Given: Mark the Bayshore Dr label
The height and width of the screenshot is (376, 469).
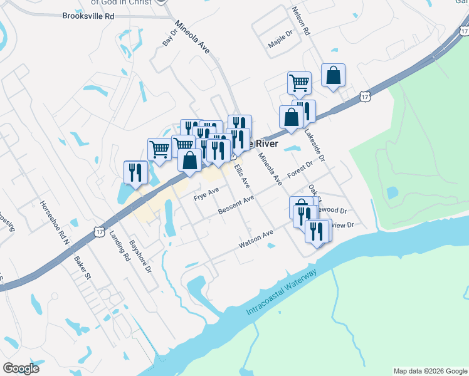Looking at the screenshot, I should point(140,256).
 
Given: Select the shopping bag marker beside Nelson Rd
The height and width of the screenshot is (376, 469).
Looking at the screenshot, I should point(333,75).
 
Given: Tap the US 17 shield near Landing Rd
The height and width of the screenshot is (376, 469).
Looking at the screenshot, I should point(100,232).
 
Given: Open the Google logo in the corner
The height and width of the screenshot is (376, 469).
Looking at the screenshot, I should point(21,368).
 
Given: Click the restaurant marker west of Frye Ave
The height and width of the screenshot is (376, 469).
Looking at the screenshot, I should point(135,172).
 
